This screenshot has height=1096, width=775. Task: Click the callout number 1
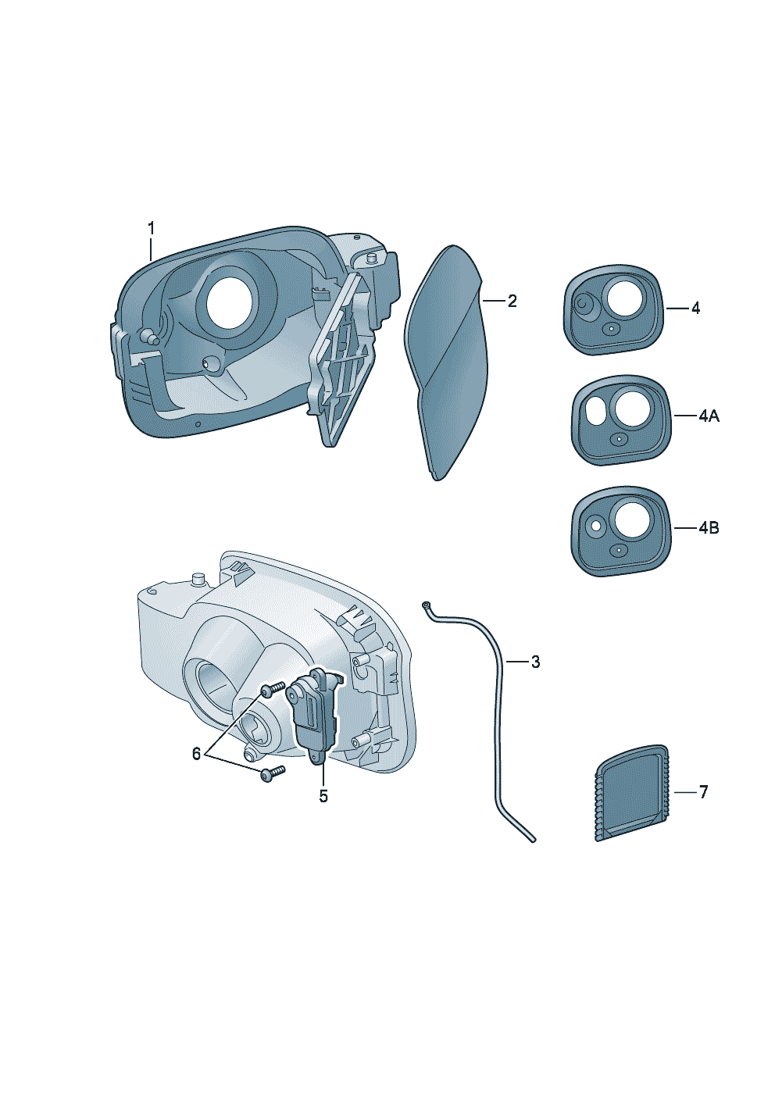tap(152, 228)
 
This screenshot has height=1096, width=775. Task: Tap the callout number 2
tap(512, 301)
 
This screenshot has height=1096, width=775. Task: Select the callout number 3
tap(534, 662)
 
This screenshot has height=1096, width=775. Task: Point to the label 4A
tap(708, 416)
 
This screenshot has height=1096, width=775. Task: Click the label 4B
tap(708, 528)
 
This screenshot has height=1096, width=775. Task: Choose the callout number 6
tap(197, 753)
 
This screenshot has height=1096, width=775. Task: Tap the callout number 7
tap(703, 792)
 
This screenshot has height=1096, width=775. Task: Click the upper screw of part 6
tap(268, 690)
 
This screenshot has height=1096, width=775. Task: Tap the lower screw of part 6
tap(271, 773)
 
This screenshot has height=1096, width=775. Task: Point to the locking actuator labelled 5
tap(314, 711)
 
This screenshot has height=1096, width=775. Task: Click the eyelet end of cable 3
tap(426, 605)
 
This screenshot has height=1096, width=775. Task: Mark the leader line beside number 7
tap(683, 792)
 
